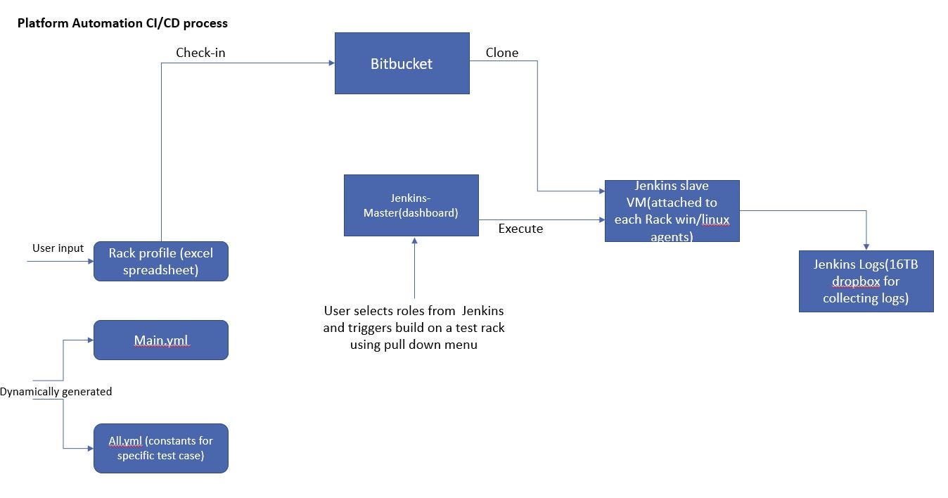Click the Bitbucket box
point(402,63)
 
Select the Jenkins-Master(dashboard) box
point(411,205)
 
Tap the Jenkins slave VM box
point(672,211)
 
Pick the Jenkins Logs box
point(866,281)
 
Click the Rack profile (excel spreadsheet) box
point(160,262)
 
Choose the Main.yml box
point(160,340)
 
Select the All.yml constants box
point(160,448)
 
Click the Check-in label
point(200,53)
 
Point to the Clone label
point(502,53)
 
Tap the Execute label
point(520,229)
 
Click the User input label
point(58,248)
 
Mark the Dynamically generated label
point(56,392)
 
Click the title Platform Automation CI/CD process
point(122,23)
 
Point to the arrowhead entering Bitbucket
point(331,63)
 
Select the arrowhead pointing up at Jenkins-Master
point(414,241)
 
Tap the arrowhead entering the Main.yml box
point(90,340)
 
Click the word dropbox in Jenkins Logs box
point(856,281)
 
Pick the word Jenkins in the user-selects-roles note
point(482,310)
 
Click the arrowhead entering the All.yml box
point(90,448)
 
